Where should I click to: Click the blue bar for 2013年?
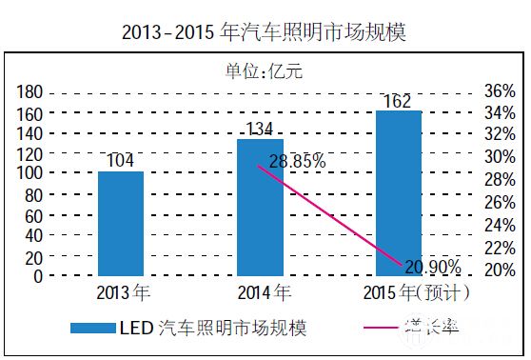point(121,224)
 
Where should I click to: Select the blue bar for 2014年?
point(260,208)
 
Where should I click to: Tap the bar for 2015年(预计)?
point(399,193)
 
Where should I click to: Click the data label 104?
point(121,160)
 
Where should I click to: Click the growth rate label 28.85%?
point(296,162)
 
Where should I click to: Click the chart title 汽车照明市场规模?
point(265,32)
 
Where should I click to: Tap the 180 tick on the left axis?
point(30,92)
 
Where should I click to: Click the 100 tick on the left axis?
point(30,174)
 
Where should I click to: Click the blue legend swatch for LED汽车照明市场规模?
point(93,329)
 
